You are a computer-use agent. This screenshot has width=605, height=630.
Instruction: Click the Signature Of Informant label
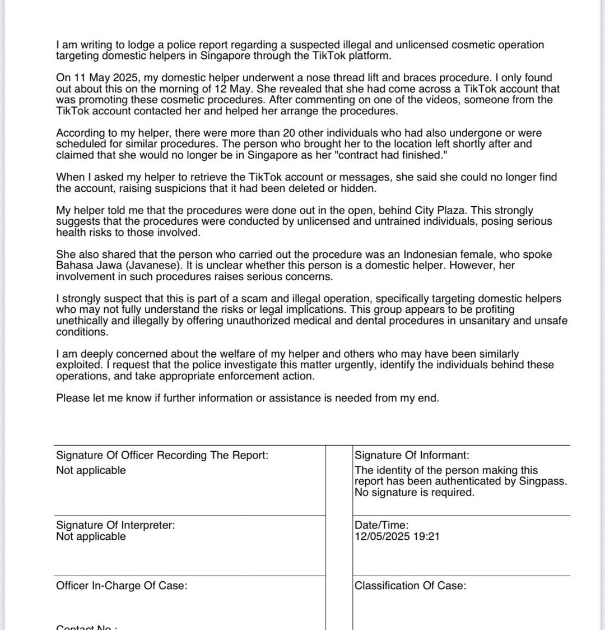[412, 456]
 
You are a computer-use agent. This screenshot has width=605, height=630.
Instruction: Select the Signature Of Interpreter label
[115, 525]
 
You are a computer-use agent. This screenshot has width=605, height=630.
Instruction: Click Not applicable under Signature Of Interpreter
[91, 536]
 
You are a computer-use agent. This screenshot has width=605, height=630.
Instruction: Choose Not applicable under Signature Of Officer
[91, 470]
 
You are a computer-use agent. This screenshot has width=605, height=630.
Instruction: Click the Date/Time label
[381, 525]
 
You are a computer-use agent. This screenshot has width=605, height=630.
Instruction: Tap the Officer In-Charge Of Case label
[122, 586]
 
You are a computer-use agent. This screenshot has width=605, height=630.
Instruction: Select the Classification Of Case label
[410, 586]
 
